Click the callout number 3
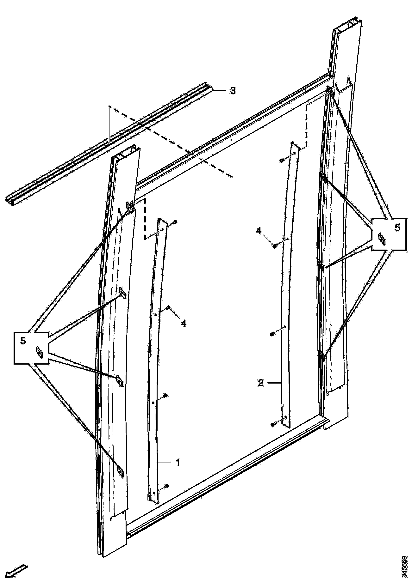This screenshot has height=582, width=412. (233, 90)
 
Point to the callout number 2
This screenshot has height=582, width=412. (261, 383)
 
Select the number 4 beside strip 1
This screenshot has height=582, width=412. (184, 323)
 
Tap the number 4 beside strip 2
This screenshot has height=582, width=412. (259, 231)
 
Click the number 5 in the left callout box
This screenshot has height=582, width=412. (23, 341)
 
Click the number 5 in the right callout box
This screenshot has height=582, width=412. (397, 228)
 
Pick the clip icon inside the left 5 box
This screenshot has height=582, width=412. (40, 352)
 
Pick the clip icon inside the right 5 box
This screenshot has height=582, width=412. (381, 239)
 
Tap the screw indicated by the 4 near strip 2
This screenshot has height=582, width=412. (275, 246)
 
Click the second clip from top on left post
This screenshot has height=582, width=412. (122, 293)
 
